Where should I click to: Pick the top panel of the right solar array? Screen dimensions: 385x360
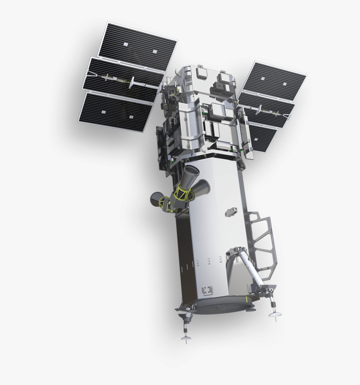point(274,81)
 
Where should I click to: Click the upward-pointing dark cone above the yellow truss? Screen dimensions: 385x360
point(192,172)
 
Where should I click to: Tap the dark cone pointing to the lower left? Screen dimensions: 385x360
point(157,198)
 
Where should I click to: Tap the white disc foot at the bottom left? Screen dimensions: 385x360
point(184,338)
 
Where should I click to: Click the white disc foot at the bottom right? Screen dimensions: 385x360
point(275,315)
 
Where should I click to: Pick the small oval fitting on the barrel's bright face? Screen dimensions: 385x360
point(230,212)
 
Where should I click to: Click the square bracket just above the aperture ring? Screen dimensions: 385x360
point(207,290)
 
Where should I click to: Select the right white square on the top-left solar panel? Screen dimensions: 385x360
point(154,51)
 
